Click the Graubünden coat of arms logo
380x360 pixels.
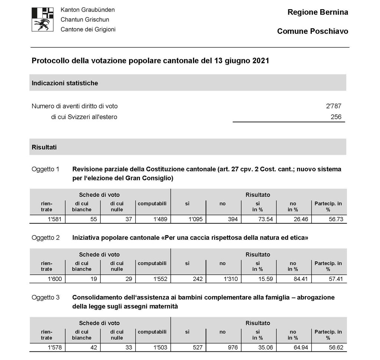point(43,19)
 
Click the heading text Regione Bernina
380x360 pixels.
point(318,12)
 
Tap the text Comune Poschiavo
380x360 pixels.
point(312,31)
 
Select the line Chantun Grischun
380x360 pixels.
point(85,20)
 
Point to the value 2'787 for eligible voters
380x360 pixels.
point(333,106)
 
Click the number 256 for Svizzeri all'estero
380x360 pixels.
point(335,117)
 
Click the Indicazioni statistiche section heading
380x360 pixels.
point(65,83)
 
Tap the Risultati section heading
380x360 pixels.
point(44,147)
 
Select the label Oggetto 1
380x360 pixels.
point(45,169)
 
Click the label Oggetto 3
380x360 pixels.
point(45,298)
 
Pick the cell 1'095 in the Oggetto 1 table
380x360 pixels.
point(195,219)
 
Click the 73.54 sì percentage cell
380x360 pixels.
point(265,219)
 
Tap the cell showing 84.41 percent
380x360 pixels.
point(300,279)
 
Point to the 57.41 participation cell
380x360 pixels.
point(335,279)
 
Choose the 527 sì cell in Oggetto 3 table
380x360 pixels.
point(198,348)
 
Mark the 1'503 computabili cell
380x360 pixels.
point(160,348)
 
